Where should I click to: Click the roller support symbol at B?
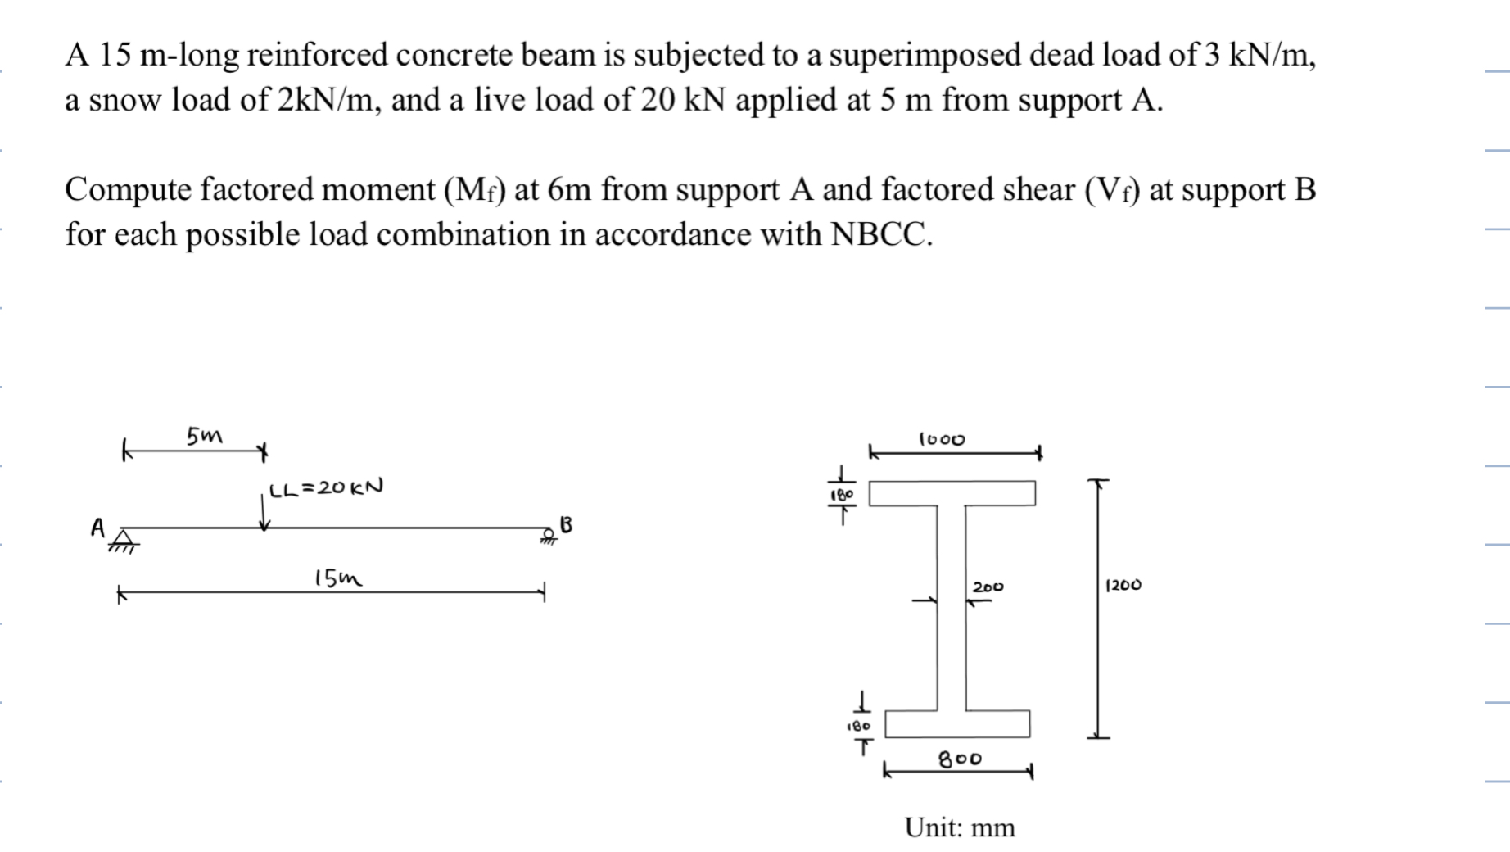tap(548, 537)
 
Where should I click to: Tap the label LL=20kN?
tap(326, 488)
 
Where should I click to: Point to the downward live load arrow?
tap(264, 513)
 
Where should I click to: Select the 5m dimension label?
tap(204, 435)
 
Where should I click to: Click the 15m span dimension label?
tap(337, 578)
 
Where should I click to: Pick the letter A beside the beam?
tap(98, 527)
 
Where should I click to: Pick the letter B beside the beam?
tap(566, 524)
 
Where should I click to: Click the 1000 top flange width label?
tap(942, 439)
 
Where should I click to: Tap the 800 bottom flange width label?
tap(960, 759)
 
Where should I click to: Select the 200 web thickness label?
tap(988, 587)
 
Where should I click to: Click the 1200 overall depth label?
tap(1123, 585)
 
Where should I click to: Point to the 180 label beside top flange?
tap(842, 495)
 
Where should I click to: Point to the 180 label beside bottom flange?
tap(858, 726)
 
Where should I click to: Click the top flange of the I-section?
tap(952, 493)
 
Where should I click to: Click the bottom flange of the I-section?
tap(956, 724)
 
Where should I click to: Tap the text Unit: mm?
tap(959, 827)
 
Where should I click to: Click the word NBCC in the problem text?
tap(880, 234)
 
